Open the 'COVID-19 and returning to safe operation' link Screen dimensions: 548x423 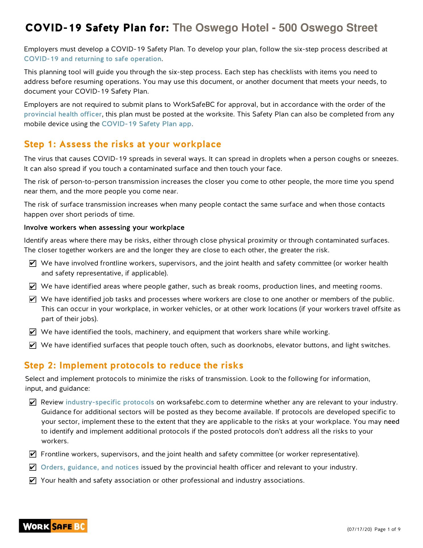(93, 59)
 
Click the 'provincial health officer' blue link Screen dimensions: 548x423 (63, 114)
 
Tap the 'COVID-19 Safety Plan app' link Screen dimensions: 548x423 (147, 124)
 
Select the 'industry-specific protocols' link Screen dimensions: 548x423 (110, 402)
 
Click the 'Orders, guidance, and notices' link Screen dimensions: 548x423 (90, 467)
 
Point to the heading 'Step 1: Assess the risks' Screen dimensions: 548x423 (123, 144)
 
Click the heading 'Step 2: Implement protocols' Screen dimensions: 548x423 (134, 365)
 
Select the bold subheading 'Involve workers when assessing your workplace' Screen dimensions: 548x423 (104, 227)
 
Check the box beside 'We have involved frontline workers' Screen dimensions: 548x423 (33, 263)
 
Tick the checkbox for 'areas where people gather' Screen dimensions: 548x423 (33, 286)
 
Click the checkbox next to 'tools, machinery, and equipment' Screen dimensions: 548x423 (33, 332)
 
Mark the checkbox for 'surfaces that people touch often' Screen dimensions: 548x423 (33, 345)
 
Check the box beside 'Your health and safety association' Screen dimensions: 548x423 (33, 481)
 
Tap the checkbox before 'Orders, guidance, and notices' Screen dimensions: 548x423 (33, 468)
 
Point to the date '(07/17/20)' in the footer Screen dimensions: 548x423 (359, 529)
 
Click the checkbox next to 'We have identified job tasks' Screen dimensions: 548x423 (33, 299)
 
